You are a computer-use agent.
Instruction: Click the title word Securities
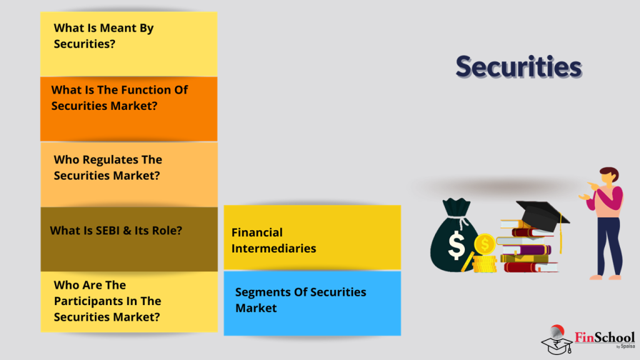pos(518,66)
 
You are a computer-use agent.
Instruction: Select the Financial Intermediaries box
pos(312,239)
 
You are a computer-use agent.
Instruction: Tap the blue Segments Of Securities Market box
pos(312,303)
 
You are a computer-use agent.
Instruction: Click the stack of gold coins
pos(484,256)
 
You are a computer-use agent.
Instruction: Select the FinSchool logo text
pos(604,337)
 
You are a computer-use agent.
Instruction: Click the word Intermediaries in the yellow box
pos(274,248)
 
